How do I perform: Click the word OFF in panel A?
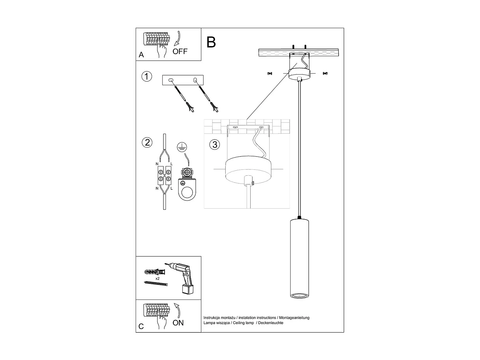[x=180, y=51]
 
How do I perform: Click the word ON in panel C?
[x=178, y=323]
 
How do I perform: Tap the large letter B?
[x=211, y=42]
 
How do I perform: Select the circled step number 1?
[x=147, y=77]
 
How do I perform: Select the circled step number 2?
[x=147, y=142]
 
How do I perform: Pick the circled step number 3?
[x=215, y=145]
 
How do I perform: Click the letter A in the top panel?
[x=141, y=55]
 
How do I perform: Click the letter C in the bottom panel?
[x=141, y=327]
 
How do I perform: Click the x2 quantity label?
[x=157, y=279]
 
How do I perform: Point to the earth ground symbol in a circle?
[x=182, y=147]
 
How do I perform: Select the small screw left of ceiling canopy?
[x=269, y=74]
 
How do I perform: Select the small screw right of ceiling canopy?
[x=325, y=74]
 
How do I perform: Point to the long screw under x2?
[x=156, y=284]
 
